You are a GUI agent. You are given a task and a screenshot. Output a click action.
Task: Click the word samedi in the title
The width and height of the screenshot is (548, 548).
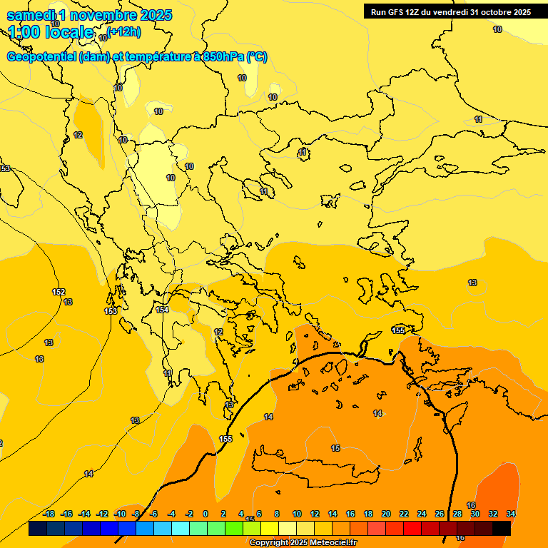pos(29,16)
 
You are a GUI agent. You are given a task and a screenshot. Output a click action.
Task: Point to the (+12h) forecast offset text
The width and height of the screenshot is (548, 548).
pos(124,31)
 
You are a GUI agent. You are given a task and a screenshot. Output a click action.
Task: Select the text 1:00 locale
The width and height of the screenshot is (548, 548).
pos(51,32)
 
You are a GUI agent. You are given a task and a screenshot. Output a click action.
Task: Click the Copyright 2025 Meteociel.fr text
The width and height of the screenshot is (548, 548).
pos(303,543)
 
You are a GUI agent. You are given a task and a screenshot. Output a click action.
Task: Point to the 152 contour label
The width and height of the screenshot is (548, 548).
pos(59,292)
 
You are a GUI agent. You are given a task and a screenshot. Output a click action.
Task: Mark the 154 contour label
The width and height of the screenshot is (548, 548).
pos(163,310)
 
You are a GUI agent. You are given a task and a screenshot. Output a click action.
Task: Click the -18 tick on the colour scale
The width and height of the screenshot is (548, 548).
pos(49,514)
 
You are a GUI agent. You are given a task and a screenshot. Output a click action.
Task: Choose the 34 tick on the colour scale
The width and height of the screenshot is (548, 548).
pos(511,514)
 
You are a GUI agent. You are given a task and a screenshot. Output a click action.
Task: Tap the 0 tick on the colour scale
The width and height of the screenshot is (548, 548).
pos(205,514)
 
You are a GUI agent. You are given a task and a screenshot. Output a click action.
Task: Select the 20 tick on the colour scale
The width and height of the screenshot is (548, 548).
pos(386,514)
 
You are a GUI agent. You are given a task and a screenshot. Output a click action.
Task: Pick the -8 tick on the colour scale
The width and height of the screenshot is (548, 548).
pos(136,514)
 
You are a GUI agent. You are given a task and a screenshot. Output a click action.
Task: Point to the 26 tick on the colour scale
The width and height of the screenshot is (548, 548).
pos(440,514)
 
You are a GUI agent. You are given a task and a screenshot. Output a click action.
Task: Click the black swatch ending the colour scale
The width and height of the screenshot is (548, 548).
pos(502,528)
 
